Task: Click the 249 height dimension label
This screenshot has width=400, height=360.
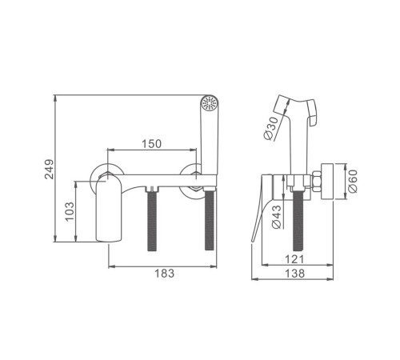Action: pos(49,170)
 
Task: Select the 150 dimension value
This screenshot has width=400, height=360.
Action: pos(151,144)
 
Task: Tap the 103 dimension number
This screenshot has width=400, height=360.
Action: pos(70,211)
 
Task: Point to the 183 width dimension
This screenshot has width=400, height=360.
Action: pos(165,274)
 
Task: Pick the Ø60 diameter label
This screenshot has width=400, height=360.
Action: pos(353,181)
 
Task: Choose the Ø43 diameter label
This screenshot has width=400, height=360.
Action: pos(277,217)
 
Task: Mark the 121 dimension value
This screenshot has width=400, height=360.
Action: pos(294,259)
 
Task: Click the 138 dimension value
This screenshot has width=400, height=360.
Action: pos(294,274)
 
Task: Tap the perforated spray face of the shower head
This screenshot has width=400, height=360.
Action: pos(209,102)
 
